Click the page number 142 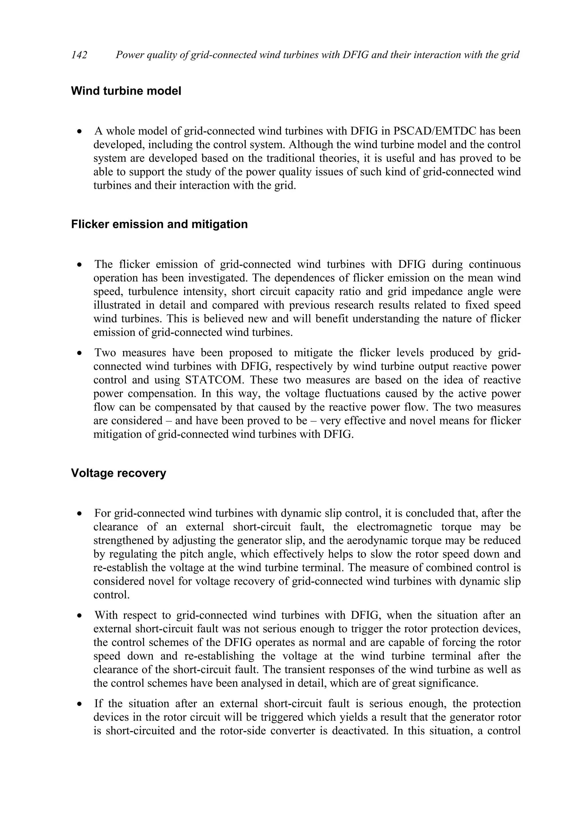click(x=79, y=55)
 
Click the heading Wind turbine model click(x=126, y=91)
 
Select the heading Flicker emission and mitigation click(x=159, y=224)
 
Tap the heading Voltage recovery click(x=118, y=473)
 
